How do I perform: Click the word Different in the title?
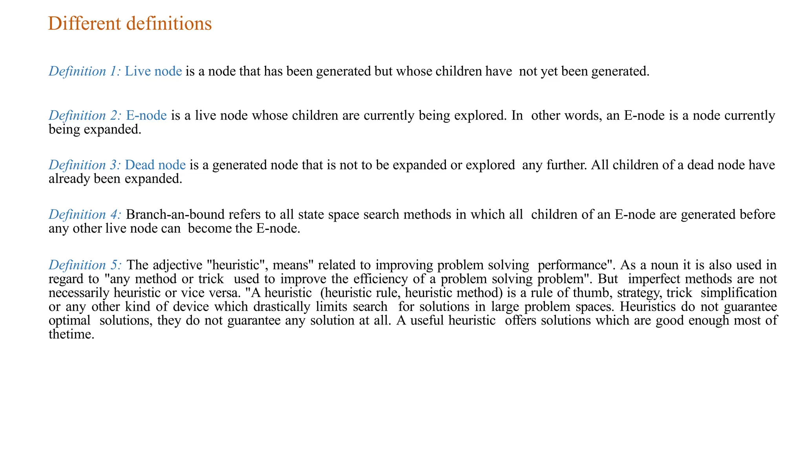pyautogui.click(x=84, y=24)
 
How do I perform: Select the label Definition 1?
pyautogui.click(x=84, y=71)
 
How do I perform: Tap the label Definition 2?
pyautogui.click(x=85, y=116)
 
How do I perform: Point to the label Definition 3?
pyautogui.click(x=84, y=165)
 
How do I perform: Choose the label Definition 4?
pyautogui.click(x=85, y=215)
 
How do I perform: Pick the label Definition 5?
pyautogui.click(x=85, y=265)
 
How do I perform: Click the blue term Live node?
pyautogui.click(x=153, y=71)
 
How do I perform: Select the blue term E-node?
pyautogui.click(x=146, y=116)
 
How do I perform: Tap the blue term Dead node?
pyautogui.click(x=155, y=165)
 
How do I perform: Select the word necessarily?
pyautogui.click(x=79, y=293)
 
